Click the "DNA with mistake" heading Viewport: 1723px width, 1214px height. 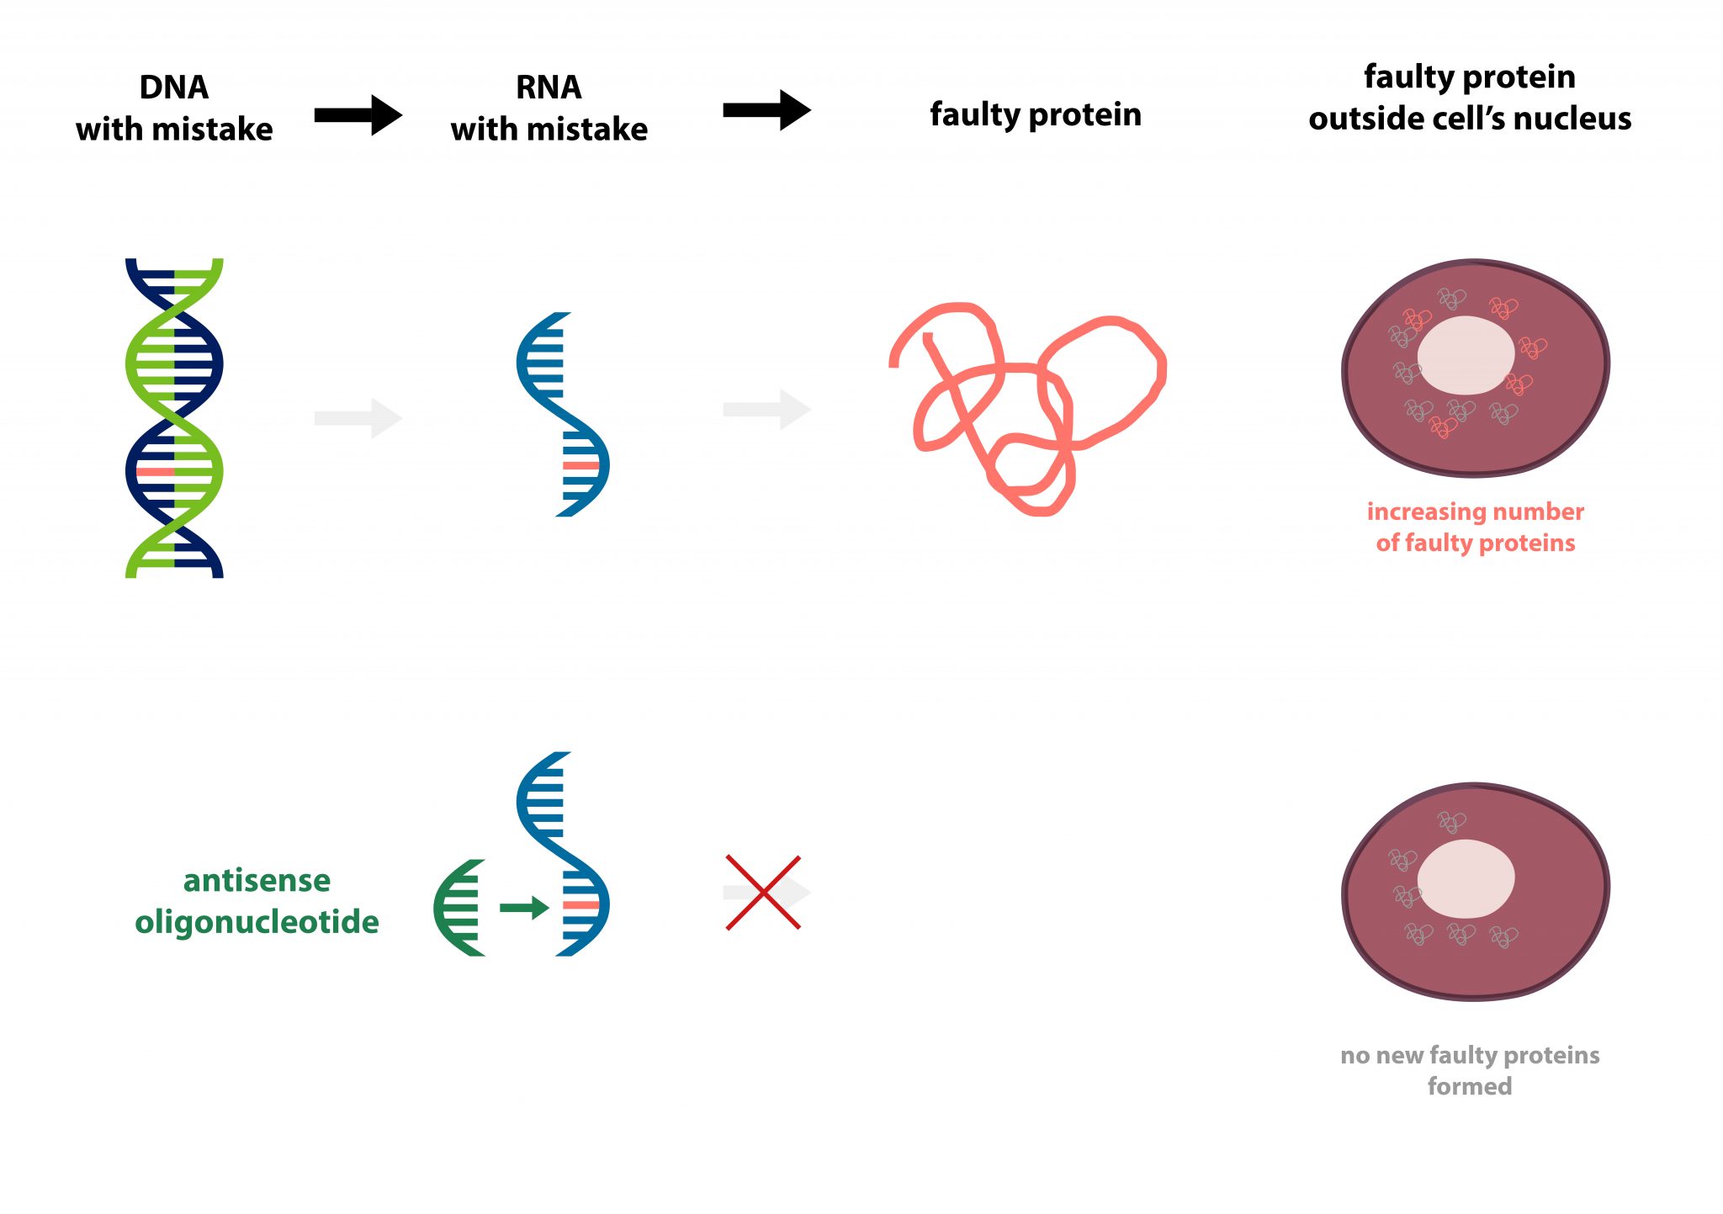pos(174,109)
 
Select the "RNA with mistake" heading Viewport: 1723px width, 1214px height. pos(549,109)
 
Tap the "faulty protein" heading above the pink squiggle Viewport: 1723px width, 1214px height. pos(1035,114)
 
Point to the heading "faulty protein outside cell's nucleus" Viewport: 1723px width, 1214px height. pos(1469,98)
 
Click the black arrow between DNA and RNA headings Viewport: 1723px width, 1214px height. pos(358,115)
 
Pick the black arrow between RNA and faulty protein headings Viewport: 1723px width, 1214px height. pos(766,110)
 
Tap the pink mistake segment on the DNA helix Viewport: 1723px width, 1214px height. pos(155,472)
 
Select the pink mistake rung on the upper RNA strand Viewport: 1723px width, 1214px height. pos(581,465)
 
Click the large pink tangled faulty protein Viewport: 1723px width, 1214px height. pos(1026,404)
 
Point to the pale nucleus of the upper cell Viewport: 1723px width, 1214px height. pos(1466,355)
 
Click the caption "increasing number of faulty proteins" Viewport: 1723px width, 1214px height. pos(1475,527)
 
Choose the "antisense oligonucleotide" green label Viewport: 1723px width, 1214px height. pos(257,901)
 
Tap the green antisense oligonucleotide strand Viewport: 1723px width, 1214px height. pos(459,908)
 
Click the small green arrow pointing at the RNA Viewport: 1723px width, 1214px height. pos(524,907)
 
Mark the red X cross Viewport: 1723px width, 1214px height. pos(763,893)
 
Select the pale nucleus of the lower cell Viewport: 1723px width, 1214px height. pos(1466,879)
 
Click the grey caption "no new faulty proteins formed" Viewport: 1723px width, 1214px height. pos(1470,1070)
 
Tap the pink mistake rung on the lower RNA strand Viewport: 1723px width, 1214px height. pos(581,905)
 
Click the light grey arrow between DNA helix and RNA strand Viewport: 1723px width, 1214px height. pos(358,418)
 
